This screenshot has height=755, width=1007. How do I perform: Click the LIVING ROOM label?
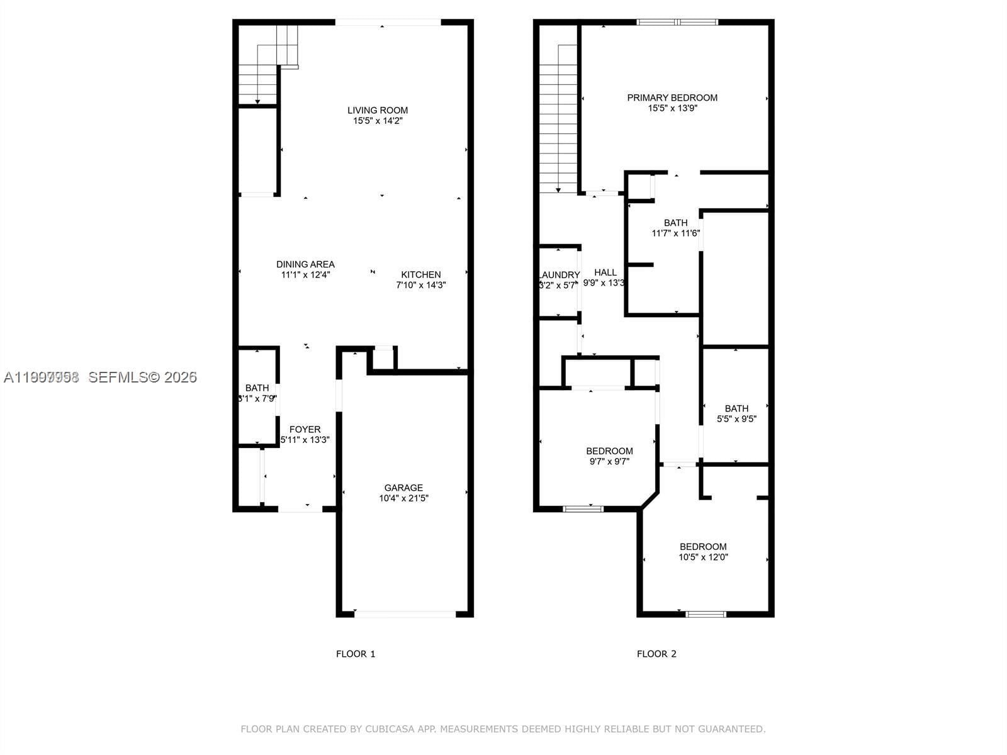[378, 110]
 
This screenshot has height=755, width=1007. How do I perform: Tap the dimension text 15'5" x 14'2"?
[378, 121]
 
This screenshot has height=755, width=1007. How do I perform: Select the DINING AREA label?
[305, 264]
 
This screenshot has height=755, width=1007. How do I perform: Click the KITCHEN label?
[421, 274]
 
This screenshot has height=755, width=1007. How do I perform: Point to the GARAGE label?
[403, 488]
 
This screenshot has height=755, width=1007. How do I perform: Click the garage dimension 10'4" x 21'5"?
[403, 498]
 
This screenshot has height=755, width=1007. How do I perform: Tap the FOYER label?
[305, 430]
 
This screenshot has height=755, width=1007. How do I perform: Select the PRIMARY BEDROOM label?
[672, 98]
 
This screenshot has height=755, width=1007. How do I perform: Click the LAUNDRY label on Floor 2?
[559, 275]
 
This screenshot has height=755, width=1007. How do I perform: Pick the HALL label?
[605, 272]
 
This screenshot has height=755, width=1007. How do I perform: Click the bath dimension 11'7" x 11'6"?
[675, 233]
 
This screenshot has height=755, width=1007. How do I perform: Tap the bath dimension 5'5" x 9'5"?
[736, 419]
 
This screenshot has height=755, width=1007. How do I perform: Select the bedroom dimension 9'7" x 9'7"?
[609, 461]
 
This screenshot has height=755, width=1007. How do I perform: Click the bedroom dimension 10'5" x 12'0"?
[703, 557]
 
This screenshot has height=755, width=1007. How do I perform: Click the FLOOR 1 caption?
[356, 654]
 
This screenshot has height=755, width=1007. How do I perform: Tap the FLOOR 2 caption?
[656, 654]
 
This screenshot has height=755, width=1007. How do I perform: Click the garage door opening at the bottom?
[405, 613]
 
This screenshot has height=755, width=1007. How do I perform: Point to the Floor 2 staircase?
[558, 120]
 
